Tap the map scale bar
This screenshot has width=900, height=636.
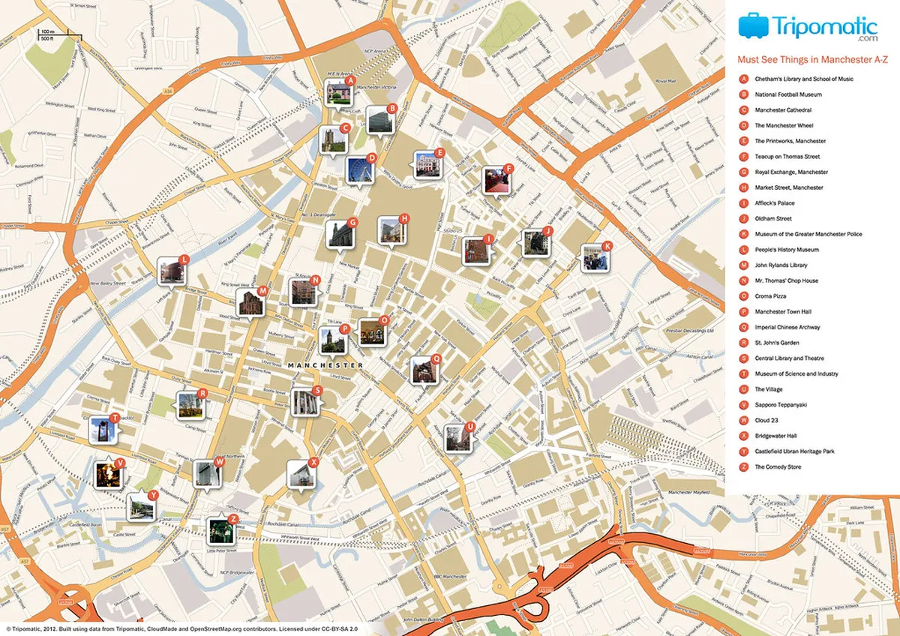pos(50,33)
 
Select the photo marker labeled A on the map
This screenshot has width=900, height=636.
pos(339,92)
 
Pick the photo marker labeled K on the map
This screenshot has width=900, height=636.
pos(595,257)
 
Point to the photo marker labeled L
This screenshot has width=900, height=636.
pos(172,271)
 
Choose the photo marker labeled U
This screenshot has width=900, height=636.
pos(457,438)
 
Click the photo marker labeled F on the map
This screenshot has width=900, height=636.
pos(495,180)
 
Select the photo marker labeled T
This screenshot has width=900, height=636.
pos(103,430)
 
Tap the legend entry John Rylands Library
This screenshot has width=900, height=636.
pos(781,265)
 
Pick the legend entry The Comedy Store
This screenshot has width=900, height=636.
pos(778,466)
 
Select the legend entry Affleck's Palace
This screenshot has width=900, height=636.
pos(775,203)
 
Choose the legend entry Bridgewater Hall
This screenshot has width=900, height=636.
pos(776,436)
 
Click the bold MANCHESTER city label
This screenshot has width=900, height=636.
pos(325,364)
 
